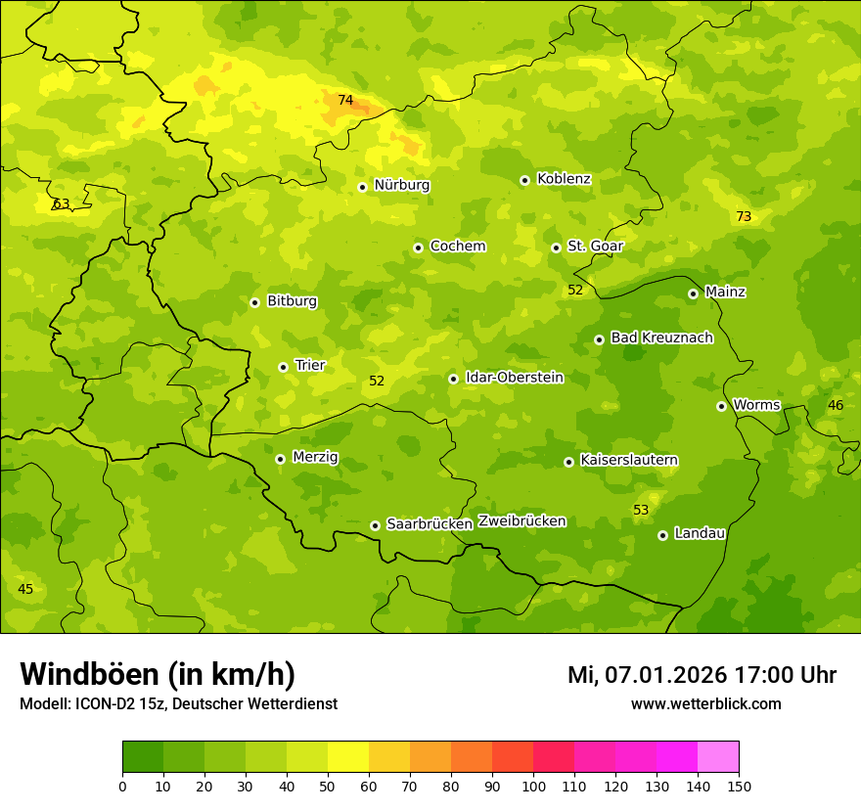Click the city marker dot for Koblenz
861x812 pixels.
point(524,180)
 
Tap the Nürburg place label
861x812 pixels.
point(401,185)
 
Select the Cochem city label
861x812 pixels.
point(457,247)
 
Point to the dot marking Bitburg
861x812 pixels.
point(254,302)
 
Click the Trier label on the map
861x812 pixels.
point(309,366)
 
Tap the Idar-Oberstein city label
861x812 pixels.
point(515,378)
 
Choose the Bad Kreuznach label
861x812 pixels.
point(661,338)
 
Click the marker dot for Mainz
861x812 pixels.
point(693,293)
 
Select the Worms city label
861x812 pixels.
point(755,405)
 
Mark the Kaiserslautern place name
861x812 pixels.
point(629,460)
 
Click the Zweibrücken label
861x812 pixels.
point(521,521)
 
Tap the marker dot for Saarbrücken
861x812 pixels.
point(375,525)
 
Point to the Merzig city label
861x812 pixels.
point(314,458)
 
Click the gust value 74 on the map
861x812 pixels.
point(345,101)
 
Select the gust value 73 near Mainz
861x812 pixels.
point(744,217)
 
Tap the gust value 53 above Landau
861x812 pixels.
point(641,511)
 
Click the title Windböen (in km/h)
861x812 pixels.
point(158,674)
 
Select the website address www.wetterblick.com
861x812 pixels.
point(705,704)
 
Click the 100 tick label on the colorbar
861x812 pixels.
point(533,786)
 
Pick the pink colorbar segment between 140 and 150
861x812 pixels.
point(718,757)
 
